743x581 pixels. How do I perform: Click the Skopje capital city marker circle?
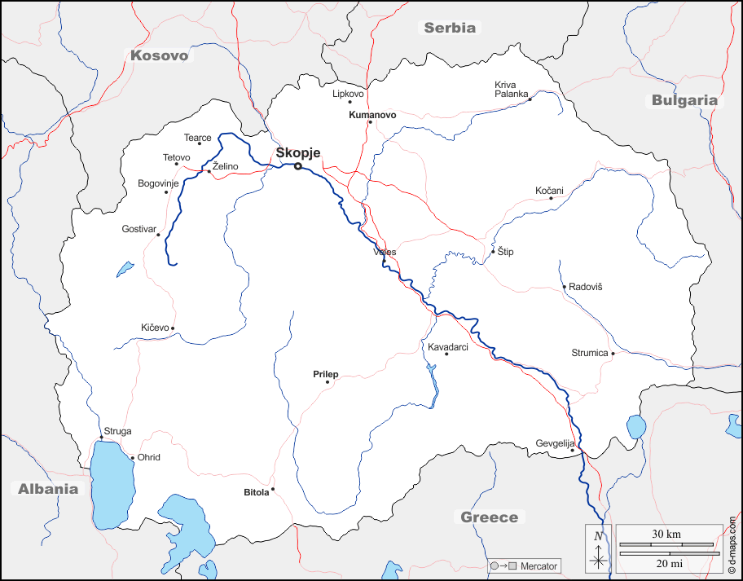click(x=298, y=166)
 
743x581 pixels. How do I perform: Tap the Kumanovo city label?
click(x=372, y=115)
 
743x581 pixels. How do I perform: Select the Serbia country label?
click(x=449, y=28)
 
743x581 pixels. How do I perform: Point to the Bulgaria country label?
click(x=684, y=100)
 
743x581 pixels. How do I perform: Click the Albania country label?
click(x=49, y=489)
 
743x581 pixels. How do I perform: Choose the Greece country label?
click(x=489, y=517)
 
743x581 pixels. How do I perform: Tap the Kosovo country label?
click(x=159, y=55)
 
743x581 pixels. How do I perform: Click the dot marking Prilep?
click(x=328, y=382)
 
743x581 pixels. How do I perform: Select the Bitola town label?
click(x=256, y=492)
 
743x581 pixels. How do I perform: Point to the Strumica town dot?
click(x=613, y=354)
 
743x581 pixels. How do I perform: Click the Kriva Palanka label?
click(x=512, y=89)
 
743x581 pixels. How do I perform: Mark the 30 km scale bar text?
click(x=666, y=534)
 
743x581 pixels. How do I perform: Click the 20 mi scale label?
click(x=666, y=564)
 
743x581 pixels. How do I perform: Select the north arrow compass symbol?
click(x=599, y=549)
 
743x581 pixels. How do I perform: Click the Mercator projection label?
click(x=539, y=566)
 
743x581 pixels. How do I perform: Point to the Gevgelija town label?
click(x=554, y=443)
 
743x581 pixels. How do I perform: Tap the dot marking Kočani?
click(x=551, y=198)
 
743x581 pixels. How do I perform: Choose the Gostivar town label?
click(x=138, y=229)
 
